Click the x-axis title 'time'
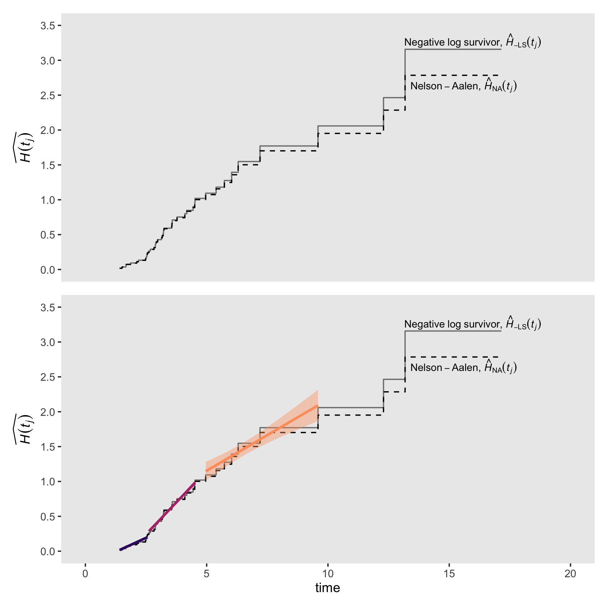click(327, 587)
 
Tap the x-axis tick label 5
click(206, 574)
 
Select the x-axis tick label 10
click(328, 574)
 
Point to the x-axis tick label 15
click(449, 574)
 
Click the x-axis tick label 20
click(570, 574)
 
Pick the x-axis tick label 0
click(85, 574)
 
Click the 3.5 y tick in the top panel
click(48, 26)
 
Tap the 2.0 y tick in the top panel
click(48, 130)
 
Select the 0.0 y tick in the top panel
click(48, 270)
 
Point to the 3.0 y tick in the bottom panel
click(48, 342)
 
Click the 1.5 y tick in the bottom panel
click(48, 447)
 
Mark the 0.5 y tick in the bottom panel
click(48, 516)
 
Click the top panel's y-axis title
click(25, 147)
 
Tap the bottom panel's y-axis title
click(25, 429)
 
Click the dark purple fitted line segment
click(133, 544)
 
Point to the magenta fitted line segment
click(172, 506)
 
